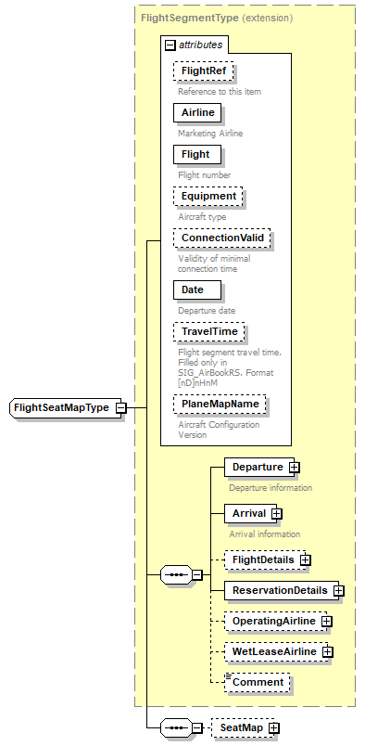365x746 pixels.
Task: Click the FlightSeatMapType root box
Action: pyautogui.click(x=60, y=407)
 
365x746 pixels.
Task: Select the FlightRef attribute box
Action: pyautogui.click(x=202, y=71)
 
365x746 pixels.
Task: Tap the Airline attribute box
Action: pyautogui.click(x=197, y=112)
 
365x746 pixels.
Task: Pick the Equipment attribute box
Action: pyautogui.click(x=208, y=196)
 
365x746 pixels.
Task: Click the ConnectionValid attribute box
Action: pyautogui.click(x=222, y=238)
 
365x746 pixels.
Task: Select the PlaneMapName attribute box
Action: pyautogui.click(x=220, y=405)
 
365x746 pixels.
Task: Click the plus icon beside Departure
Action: pyautogui.click(x=294, y=467)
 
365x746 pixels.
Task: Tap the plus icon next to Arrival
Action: pyautogui.click(x=276, y=513)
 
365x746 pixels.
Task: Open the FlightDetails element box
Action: pyautogui.click(x=263, y=559)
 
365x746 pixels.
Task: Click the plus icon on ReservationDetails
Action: pyautogui.click(x=339, y=590)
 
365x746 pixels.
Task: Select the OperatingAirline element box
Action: pyautogui.click(x=273, y=621)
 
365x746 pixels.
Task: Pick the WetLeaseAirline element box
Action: pyautogui.click(x=274, y=652)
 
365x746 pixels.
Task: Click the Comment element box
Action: pyautogui.click(x=257, y=683)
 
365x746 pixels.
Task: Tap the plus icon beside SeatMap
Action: pyautogui.click(x=273, y=728)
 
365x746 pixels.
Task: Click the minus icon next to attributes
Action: pyautogui.click(x=170, y=44)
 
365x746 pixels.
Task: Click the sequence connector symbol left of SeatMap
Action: pyautogui.click(x=175, y=728)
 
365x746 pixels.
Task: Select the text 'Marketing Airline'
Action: pyautogui.click(x=211, y=134)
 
